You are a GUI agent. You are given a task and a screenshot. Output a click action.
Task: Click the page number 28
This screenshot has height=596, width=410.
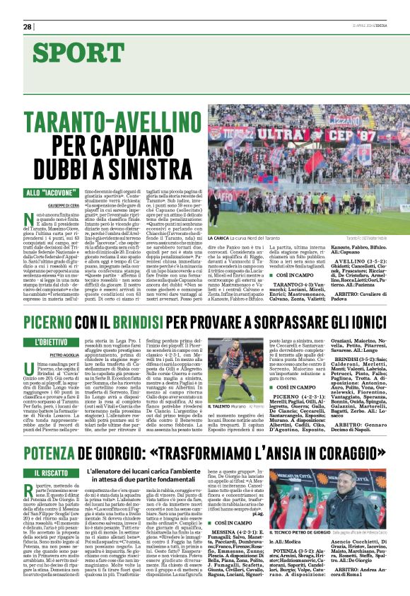(28, 26)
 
